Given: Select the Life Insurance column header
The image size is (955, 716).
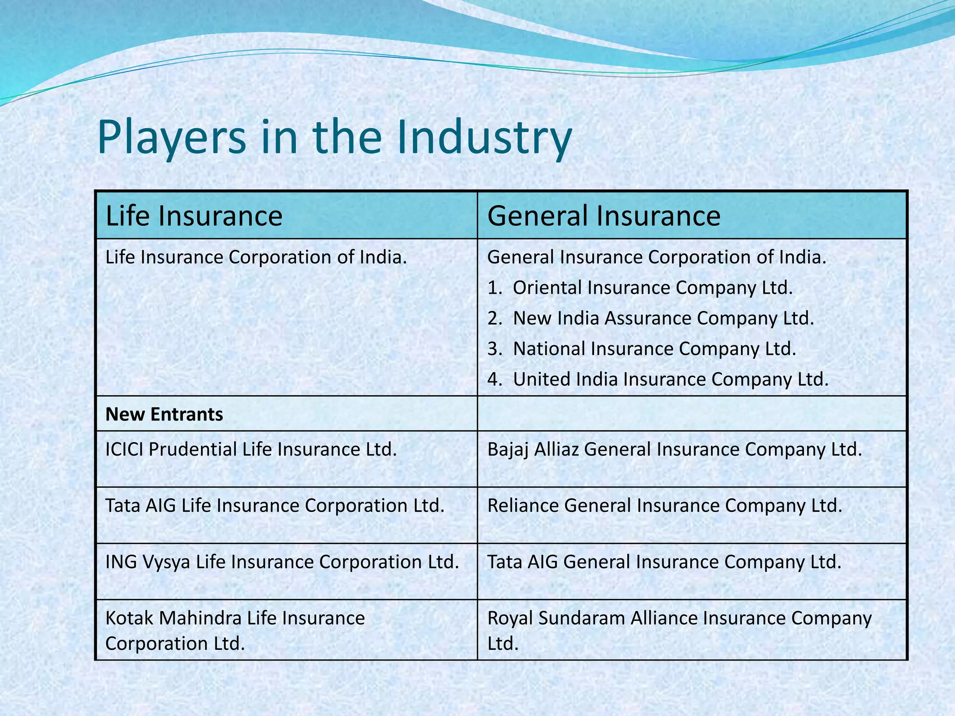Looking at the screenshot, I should pyautogui.click(x=194, y=216).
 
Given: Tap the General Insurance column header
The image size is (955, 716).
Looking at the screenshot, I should pyautogui.click(x=603, y=216).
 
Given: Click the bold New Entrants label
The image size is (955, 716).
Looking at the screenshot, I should pyautogui.click(x=164, y=414).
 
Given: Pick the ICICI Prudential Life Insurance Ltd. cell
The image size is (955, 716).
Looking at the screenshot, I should pyautogui.click(x=251, y=449).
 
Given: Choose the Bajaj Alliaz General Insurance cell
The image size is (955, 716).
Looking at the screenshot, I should pyautogui.click(x=674, y=449).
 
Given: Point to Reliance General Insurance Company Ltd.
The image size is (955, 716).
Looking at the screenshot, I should pyautogui.click(x=664, y=505).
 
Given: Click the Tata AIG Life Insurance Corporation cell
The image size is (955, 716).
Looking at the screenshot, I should pyautogui.click(x=275, y=505).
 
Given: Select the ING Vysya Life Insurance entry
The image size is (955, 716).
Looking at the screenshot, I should pyautogui.click(x=282, y=562).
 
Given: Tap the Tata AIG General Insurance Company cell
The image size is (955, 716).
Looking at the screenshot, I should pyautogui.click(x=664, y=562).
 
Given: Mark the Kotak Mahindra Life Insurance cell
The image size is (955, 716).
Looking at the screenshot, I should pyautogui.click(x=235, y=630).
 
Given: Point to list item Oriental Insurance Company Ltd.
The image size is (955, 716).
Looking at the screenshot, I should pyautogui.click(x=652, y=288).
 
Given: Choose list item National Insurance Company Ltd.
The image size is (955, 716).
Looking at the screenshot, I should pyautogui.click(x=654, y=349).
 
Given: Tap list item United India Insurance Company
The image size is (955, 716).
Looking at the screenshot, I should pyautogui.click(x=671, y=379).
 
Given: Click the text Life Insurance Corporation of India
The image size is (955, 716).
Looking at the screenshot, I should pyautogui.click(x=256, y=257).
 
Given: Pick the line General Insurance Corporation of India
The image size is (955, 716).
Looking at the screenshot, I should pyautogui.click(x=657, y=257).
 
